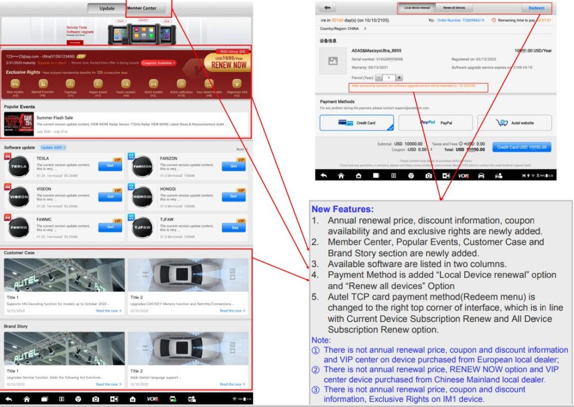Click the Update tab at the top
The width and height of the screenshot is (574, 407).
tap(107, 8)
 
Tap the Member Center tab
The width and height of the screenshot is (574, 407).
tap(142, 8)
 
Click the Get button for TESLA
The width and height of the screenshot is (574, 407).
tap(110, 166)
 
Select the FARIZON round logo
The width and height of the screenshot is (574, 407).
tap(142, 167)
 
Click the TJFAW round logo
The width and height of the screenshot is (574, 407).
tap(142, 227)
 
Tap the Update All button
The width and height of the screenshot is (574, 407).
tap(53, 148)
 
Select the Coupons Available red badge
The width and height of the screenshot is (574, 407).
tap(159, 63)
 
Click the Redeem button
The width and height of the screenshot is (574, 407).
tap(536, 8)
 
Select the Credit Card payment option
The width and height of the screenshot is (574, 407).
tap(357, 123)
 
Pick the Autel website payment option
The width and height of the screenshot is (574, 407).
tap(514, 123)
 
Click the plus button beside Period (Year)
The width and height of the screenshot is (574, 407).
tap(399, 78)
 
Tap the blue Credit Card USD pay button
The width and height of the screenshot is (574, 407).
tap(522, 147)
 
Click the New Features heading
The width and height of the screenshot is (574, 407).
tap(342, 209)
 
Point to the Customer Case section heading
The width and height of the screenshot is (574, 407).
tap(19, 252)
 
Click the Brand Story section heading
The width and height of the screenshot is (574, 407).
tap(16, 326)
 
